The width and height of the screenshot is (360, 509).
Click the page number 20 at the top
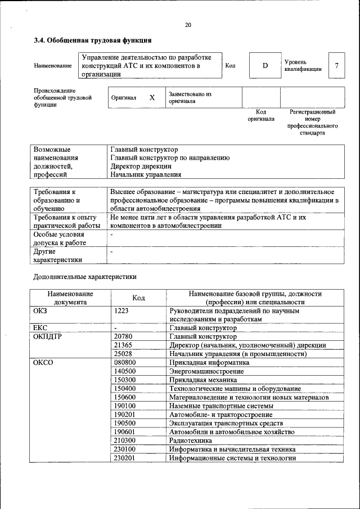point(188,25)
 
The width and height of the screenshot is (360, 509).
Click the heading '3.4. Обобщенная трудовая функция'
point(92,40)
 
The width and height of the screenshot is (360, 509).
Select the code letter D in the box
point(265,66)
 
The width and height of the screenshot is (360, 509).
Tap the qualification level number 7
point(336,66)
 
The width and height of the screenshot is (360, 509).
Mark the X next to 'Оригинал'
point(152,97)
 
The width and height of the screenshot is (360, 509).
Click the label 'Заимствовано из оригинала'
point(190,98)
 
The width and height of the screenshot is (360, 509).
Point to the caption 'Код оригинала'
point(261,115)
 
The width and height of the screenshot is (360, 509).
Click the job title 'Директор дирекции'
point(141,166)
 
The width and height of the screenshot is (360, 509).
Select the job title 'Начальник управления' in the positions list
point(146,174)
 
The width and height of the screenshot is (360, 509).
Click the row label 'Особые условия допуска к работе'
point(60,238)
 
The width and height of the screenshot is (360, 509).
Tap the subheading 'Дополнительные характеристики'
point(84,277)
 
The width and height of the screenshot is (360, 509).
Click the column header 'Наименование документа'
point(70,298)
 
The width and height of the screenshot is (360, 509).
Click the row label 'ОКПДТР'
point(48,336)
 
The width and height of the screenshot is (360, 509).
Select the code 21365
point(123,345)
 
